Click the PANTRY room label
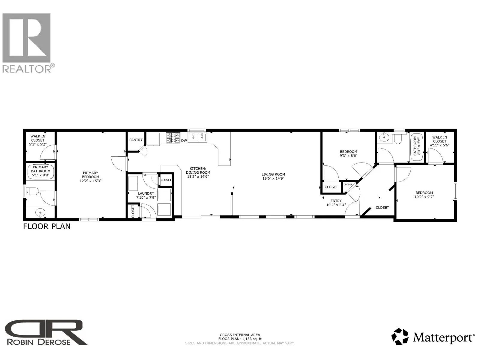tap(136, 140)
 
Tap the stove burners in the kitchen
tap(173, 138)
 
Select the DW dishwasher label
tap(184, 140)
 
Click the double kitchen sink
tap(198, 137)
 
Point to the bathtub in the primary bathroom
tap(41, 172)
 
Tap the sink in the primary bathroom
tap(40, 212)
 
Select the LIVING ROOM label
tap(273, 174)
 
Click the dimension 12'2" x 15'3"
tap(91, 181)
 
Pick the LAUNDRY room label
tap(146, 193)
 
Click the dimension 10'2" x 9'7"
tap(424, 197)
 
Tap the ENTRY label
tap(336, 201)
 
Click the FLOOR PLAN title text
tap(47, 226)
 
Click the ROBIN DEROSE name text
tap(39, 342)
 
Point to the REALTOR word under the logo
tap(27, 69)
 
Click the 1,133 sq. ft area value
tap(252, 339)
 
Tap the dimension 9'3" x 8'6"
tap(348, 156)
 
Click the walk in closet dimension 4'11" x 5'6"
tap(439, 145)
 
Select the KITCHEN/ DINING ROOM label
tap(198, 172)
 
